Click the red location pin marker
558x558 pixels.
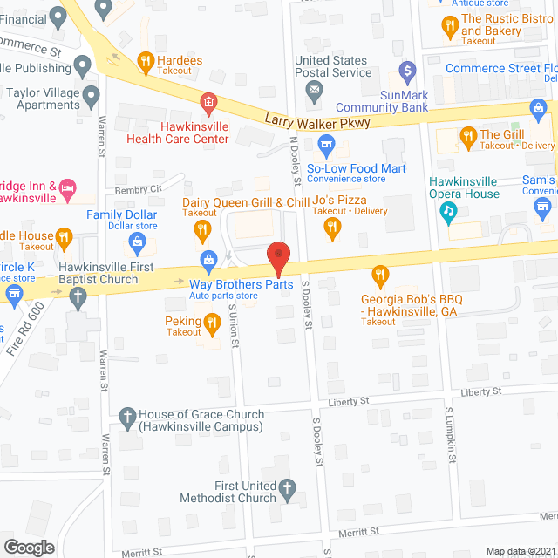point(278,258)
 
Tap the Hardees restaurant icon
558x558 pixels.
point(146,61)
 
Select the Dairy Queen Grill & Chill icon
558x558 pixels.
point(202,229)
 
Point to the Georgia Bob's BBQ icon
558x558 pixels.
point(379,276)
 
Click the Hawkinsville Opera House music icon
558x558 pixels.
point(449,210)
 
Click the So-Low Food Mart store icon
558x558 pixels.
point(326,143)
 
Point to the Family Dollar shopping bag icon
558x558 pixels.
point(136,240)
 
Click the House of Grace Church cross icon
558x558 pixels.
point(127,415)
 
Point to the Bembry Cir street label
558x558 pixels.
point(139,189)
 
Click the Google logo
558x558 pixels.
point(28,547)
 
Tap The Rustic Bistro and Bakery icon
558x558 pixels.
point(450,27)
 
